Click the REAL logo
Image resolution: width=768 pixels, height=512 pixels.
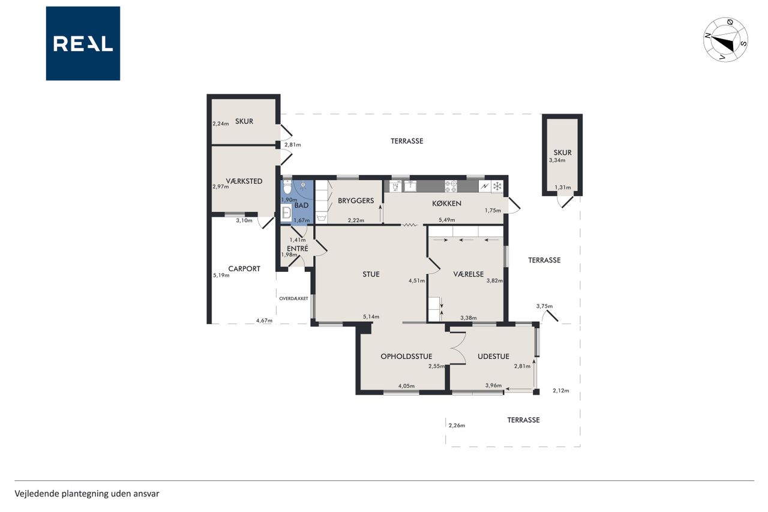tap(83, 44)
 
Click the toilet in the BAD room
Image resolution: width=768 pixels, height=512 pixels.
tap(287, 187)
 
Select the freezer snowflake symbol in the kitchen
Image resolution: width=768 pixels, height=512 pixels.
tap(497, 187)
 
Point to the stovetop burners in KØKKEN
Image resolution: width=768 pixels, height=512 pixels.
tap(451, 186)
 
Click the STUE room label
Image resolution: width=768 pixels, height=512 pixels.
tap(371, 274)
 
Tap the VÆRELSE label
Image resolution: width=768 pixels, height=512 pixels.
tap(469, 274)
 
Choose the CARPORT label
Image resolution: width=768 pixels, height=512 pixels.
tap(244, 269)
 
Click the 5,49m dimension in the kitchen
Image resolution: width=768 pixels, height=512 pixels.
tap(447, 220)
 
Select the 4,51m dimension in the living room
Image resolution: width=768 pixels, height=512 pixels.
tap(416, 280)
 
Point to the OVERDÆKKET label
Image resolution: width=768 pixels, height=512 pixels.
tap(293, 298)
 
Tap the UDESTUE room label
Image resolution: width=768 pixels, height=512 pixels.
tap(493, 357)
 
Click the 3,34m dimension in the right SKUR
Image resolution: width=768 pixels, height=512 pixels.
tap(557, 160)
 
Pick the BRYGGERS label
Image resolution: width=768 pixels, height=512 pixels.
tap(356, 200)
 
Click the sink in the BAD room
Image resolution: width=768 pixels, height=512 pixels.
tap(286, 212)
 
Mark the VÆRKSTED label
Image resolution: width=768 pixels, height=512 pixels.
tap(244, 181)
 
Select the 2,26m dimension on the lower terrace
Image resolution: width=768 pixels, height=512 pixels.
tap(457, 426)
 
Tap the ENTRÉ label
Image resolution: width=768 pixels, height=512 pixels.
tap(298, 248)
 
